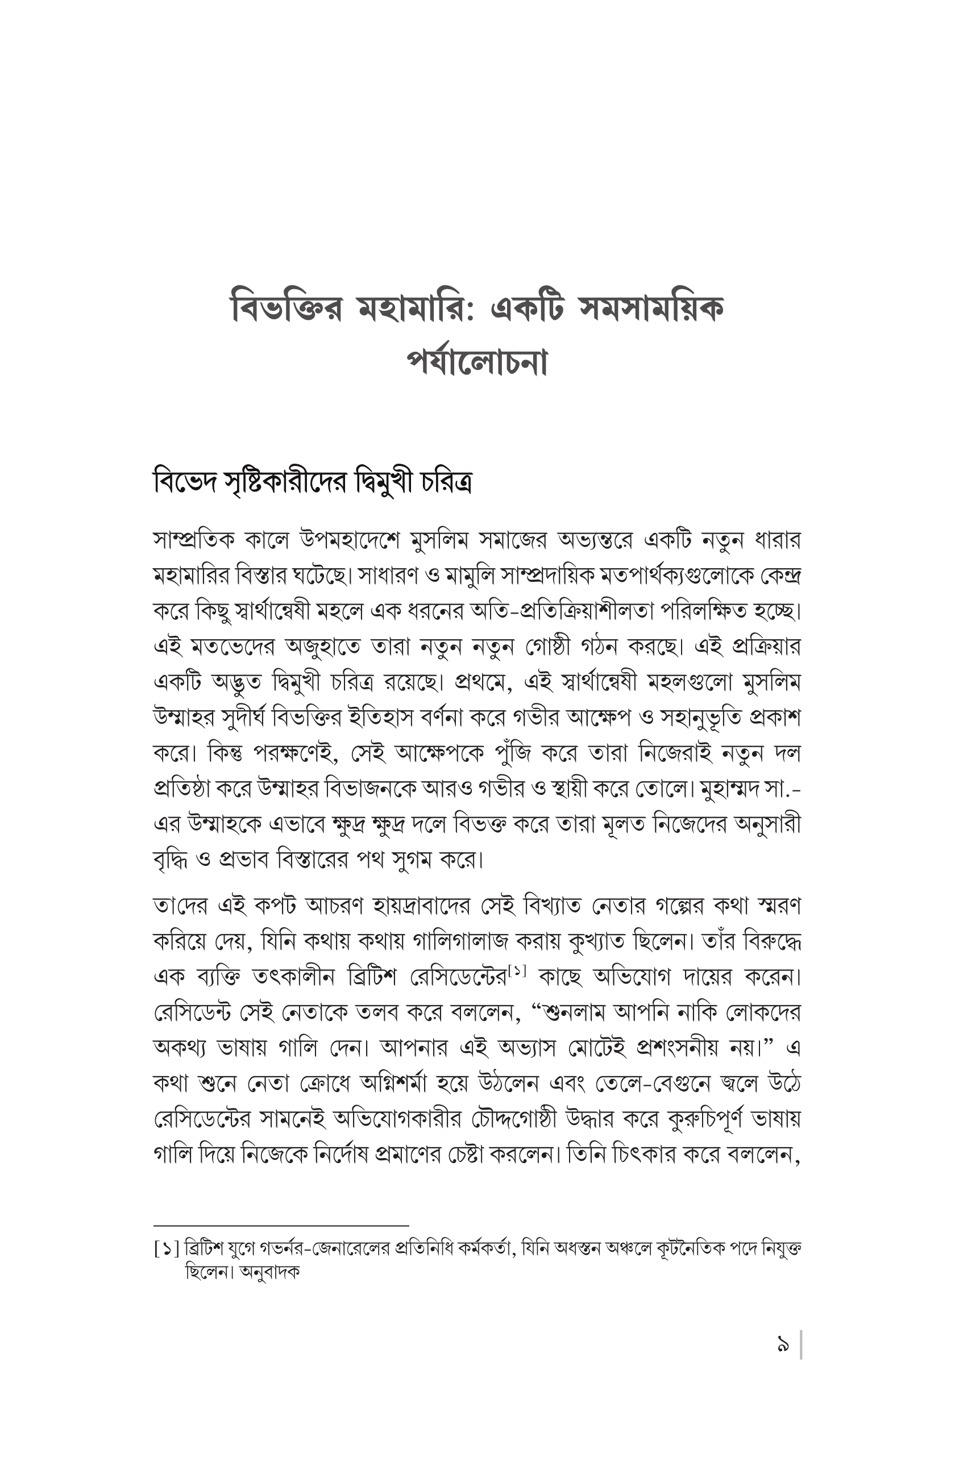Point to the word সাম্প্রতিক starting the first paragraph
pyautogui.click(x=194, y=541)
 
